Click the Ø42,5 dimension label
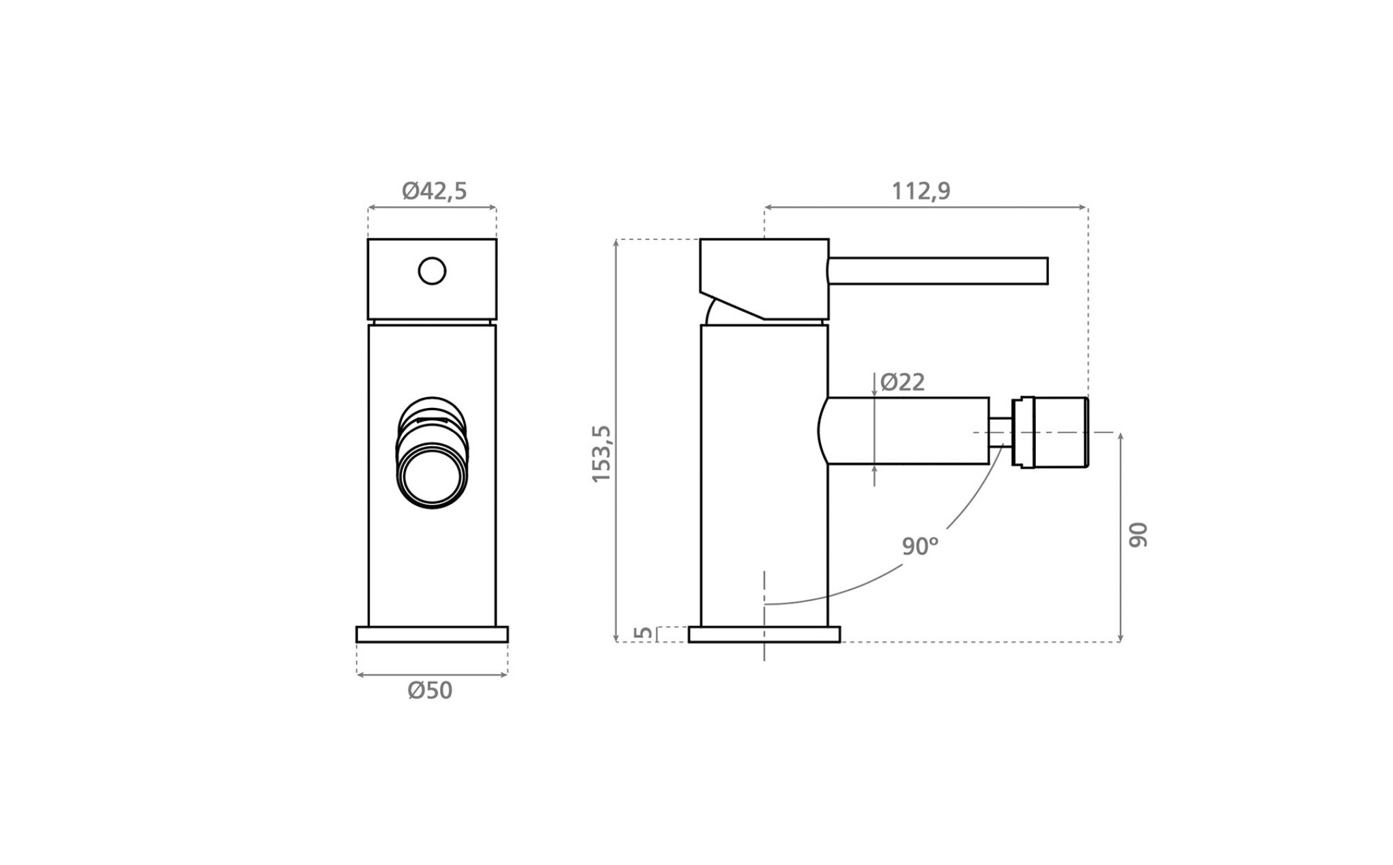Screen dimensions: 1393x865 click(434, 191)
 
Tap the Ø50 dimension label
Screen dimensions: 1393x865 click(430, 690)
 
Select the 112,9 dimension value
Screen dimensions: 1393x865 click(921, 191)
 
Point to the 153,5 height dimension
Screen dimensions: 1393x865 click(602, 454)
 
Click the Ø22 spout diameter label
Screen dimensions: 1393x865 click(903, 382)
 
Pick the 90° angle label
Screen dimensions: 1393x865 click(920, 546)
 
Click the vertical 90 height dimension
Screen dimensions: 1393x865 click(1138, 535)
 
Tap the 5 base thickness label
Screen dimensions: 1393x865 click(643, 633)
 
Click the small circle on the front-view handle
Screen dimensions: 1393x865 click(432, 271)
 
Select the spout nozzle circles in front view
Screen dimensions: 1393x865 click(433, 452)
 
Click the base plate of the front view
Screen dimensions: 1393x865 click(432, 634)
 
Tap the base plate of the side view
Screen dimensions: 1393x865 click(764, 634)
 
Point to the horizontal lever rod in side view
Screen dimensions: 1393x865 click(938, 271)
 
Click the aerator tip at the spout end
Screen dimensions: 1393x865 click(1050, 432)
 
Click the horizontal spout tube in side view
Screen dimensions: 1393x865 click(903, 431)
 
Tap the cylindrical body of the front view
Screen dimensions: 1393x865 click(432, 475)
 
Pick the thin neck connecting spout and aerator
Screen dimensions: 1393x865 click(1001, 432)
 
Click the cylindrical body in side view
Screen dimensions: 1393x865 click(765, 475)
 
